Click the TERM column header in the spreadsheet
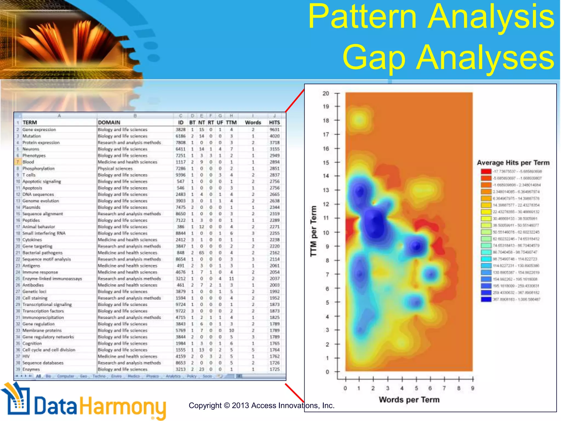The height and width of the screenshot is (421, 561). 30,123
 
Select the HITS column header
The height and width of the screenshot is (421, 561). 274,123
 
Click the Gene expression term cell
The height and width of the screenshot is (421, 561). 39,130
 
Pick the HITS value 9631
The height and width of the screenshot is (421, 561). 274,130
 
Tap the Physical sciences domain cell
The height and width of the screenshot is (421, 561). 115,169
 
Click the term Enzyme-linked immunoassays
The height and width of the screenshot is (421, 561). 52,279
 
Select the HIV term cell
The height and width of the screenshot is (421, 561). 26,356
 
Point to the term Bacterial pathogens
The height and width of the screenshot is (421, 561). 42,253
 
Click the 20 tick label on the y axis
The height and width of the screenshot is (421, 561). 326,93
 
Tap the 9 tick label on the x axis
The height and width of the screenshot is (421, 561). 473,388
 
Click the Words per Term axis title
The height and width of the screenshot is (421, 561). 409,400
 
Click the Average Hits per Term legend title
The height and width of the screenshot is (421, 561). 513,163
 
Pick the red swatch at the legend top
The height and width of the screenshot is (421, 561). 486,172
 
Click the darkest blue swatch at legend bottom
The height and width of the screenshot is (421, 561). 486,299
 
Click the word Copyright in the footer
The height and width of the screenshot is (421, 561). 205,406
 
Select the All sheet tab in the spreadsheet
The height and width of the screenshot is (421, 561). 38,376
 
